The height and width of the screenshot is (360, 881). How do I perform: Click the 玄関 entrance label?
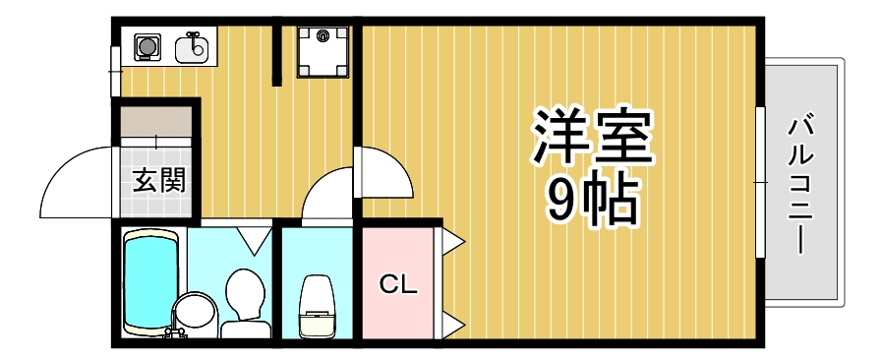point(159,180)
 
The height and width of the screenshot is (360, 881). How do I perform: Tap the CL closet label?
point(399,285)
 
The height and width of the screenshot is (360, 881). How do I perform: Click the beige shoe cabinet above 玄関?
point(157,124)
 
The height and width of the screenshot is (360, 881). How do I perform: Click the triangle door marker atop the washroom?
point(255,239)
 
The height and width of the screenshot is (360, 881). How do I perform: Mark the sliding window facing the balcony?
point(760,183)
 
